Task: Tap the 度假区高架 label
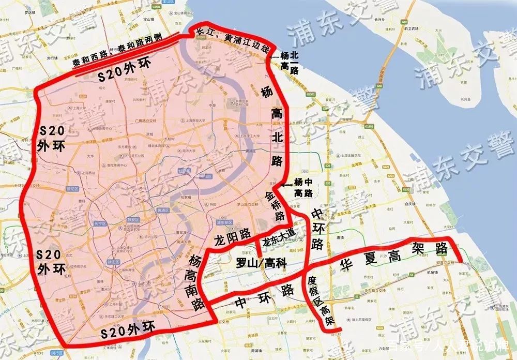325,302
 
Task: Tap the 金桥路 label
275,203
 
